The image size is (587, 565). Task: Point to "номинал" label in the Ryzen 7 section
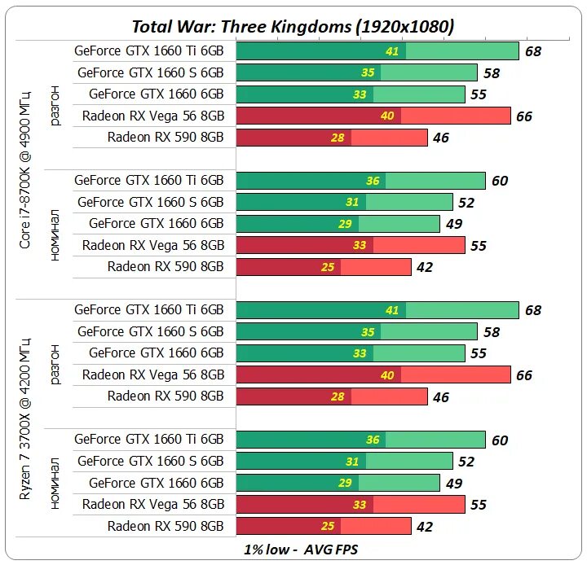click(x=55, y=483)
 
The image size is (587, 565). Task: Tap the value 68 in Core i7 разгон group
click(x=533, y=52)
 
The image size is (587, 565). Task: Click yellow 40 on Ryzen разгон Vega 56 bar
click(x=386, y=374)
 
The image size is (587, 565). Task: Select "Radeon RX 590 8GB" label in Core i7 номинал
click(x=166, y=266)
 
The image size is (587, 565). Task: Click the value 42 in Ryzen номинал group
click(x=425, y=527)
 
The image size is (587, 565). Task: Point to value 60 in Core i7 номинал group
click(x=500, y=181)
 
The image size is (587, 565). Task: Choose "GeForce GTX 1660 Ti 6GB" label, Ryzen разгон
click(x=148, y=310)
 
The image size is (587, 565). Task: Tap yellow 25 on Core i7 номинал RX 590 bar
click(x=327, y=267)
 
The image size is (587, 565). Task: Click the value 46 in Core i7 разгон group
click(x=441, y=138)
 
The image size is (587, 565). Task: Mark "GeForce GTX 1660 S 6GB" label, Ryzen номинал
click(x=150, y=462)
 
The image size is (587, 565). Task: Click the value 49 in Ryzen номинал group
click(x=454, y=484)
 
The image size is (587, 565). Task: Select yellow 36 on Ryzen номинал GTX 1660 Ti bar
click(x=373, y=440)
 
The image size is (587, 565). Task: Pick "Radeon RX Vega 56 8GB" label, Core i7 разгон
click(x=153, y=116)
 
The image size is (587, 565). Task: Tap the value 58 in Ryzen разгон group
click(x=492, y=332)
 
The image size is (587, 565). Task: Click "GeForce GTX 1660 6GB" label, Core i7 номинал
click(x=156, y=223)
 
